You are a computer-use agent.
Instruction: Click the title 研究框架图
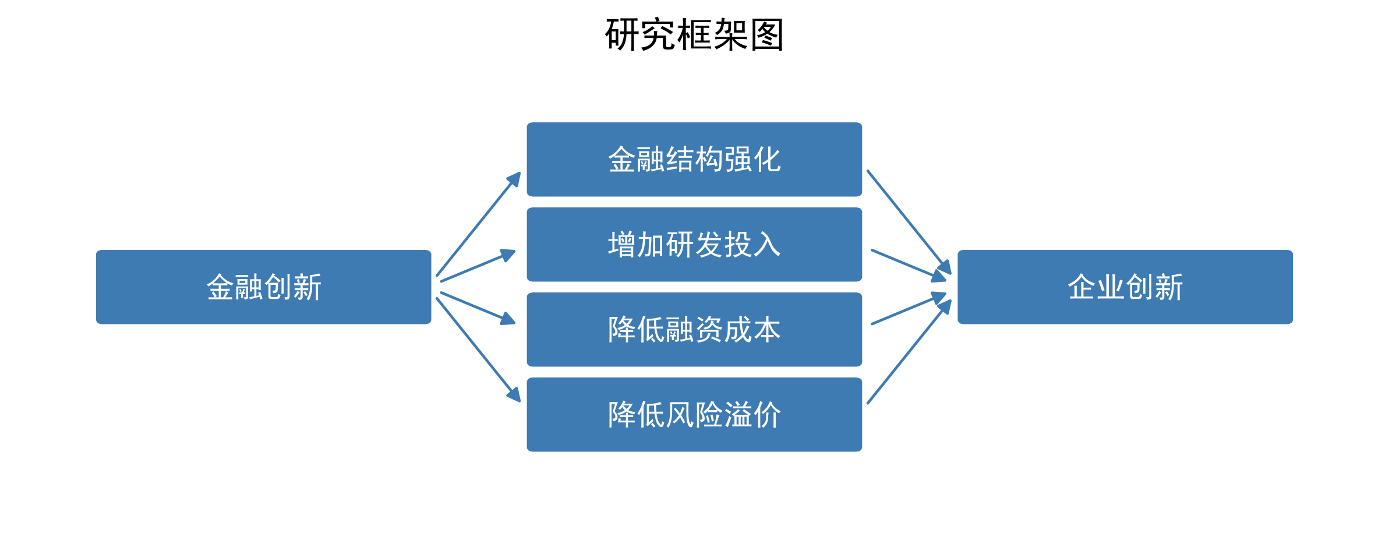(x=694, y=35)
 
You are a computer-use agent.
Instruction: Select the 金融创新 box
(x=263, y=287)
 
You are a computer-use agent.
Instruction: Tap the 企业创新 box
(x=1125, y=287)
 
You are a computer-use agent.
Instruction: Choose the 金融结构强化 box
(x=694, y=160)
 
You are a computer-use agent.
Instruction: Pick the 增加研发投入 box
(x=694, y=245)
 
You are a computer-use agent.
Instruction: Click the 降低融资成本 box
(x=694, y=330)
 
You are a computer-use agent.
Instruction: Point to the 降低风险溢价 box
(x=694, y=415)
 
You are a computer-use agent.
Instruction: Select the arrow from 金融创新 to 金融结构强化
(x=478, y=224)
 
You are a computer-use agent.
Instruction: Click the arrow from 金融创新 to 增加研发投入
(x=478, y=266)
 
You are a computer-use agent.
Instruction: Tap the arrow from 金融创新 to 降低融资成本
(x=478, y=308)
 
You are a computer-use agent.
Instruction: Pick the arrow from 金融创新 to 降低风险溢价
(x=478, y=350)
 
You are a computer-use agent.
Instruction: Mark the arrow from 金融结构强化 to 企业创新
(x=909, y=222)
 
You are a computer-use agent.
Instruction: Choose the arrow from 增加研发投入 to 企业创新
(x=909, y=265)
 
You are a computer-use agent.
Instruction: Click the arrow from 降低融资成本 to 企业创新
(x=909, y=309)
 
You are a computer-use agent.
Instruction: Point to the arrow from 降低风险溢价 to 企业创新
(x=909, y=352)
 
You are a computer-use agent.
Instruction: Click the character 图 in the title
(x=767, y=35)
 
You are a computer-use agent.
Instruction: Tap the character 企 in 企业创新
(x=1081, y=287)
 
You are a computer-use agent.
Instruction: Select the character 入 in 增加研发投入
(x=766, y=245)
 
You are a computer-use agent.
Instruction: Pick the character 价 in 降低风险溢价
(x=766, y=415)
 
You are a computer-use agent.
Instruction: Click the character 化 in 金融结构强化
(x=766, y=160)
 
